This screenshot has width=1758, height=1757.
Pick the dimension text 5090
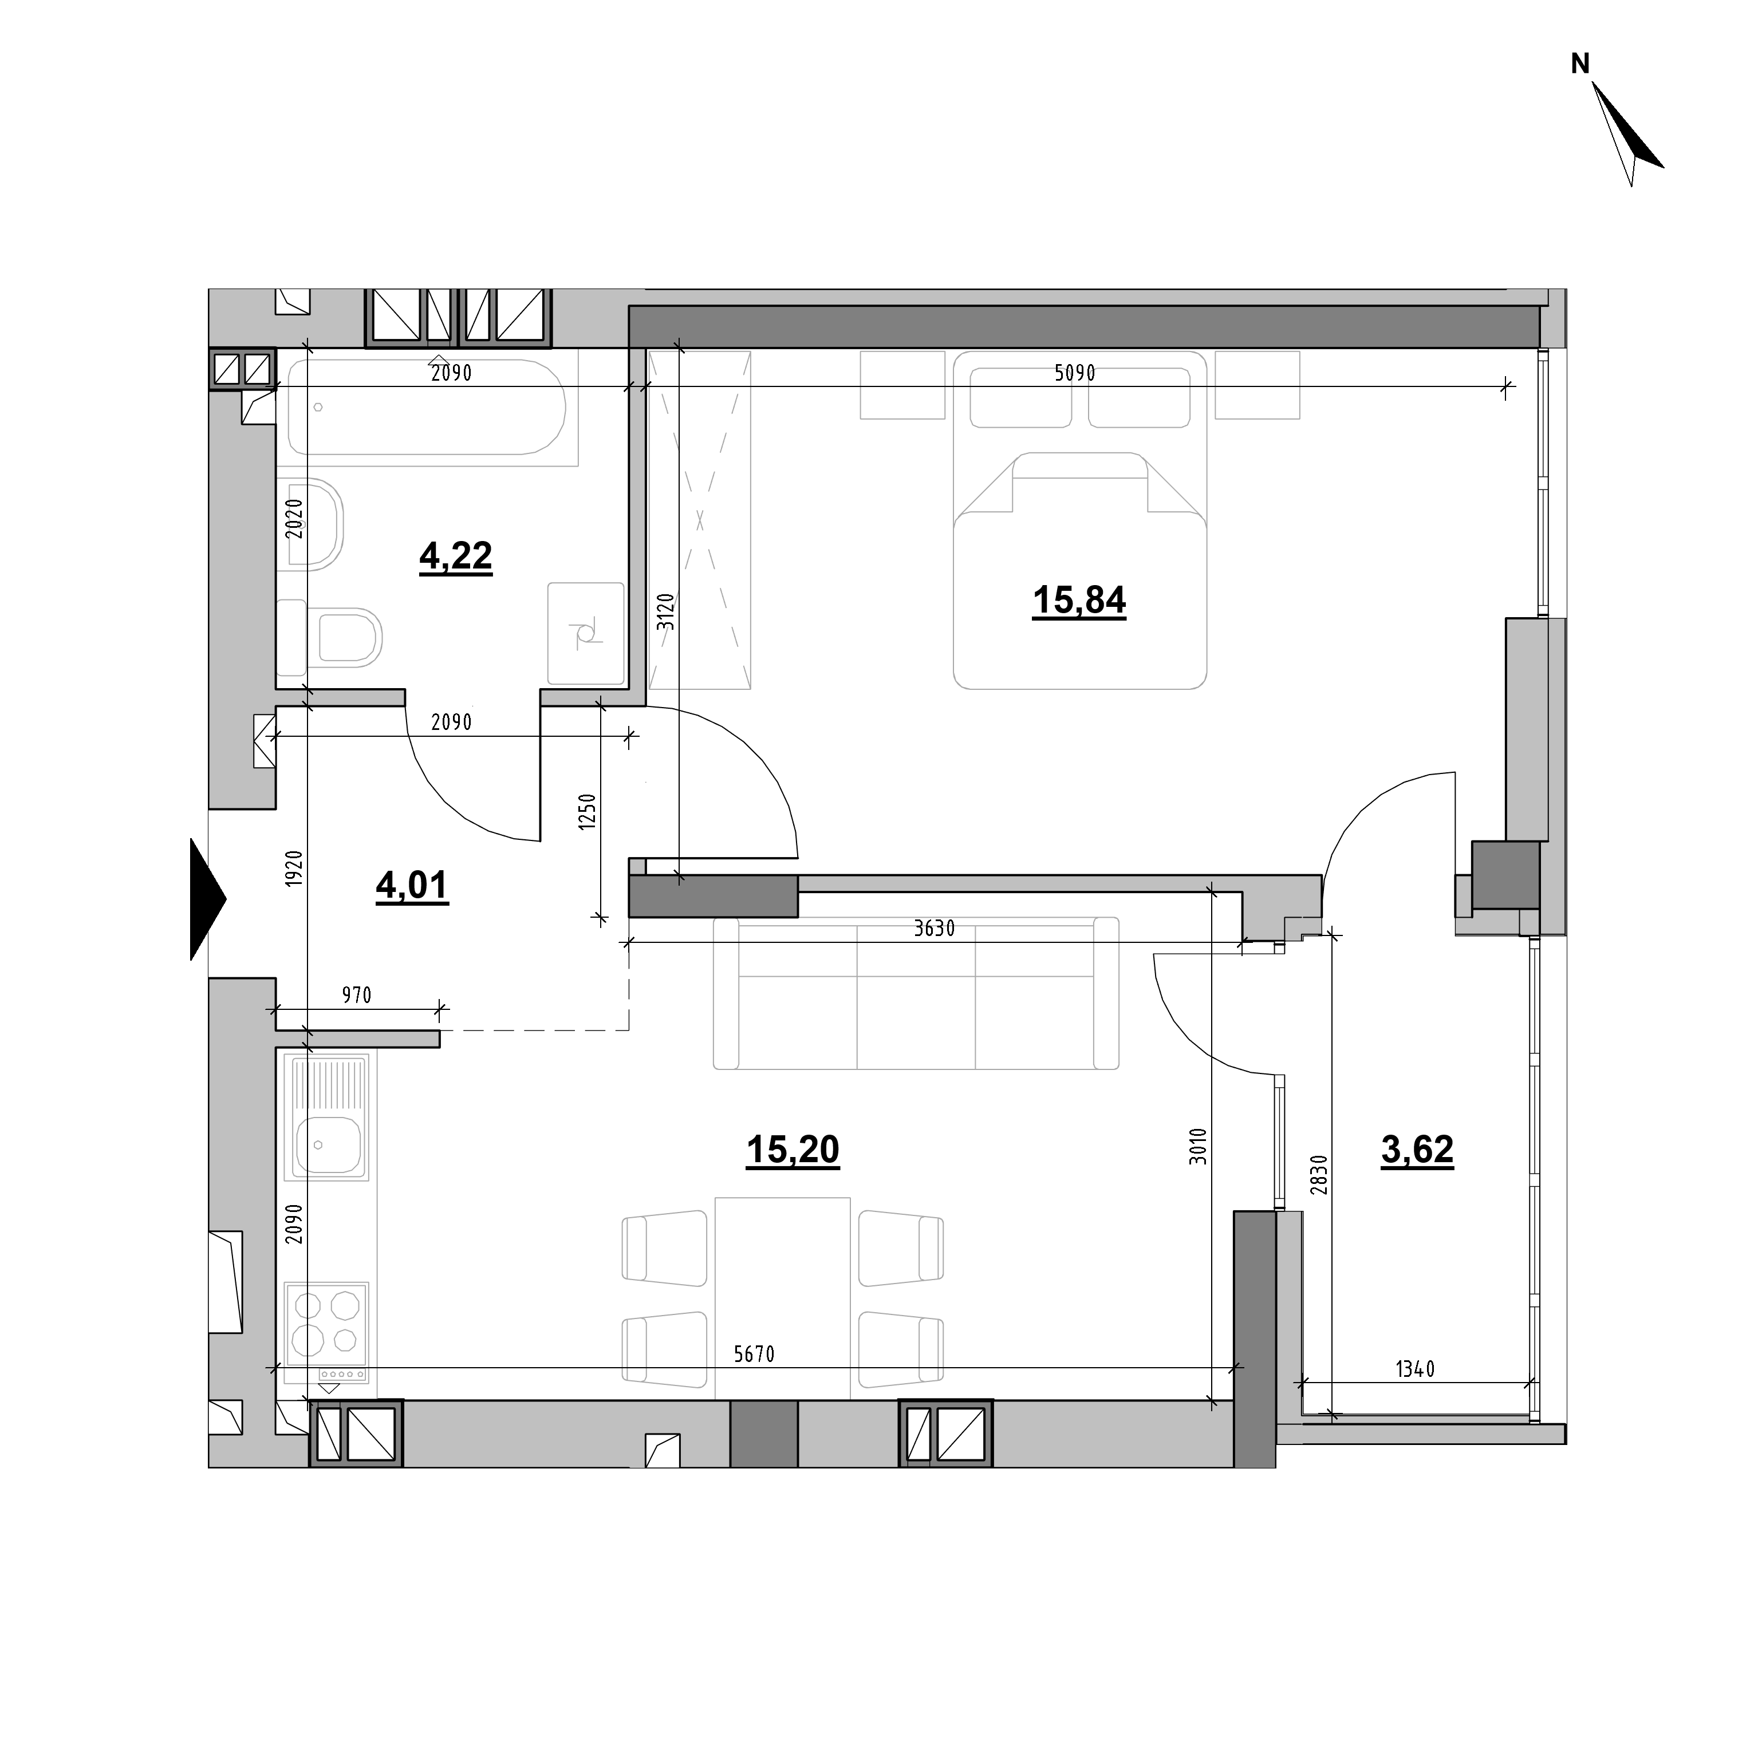[x=1075, y=373]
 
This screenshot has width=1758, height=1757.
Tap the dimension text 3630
[x=935, y=929]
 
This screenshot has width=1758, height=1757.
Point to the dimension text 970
[x=357, y=996]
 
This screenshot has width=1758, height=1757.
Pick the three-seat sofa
[x=916, y=993]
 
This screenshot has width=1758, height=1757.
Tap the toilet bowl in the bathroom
[x=349, y=634]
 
